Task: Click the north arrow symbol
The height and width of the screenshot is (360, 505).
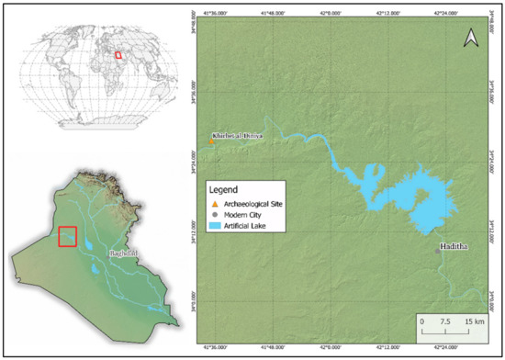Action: [470, 38]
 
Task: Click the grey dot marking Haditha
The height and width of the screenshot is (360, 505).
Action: [437, 250]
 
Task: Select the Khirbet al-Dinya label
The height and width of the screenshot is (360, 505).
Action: [237, 136]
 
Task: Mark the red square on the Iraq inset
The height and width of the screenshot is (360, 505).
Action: [67, 236]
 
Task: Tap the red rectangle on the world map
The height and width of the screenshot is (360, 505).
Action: [118, 54]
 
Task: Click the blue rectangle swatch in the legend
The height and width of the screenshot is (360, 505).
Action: [215, 224]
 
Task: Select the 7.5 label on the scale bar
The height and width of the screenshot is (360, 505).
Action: [445, 322]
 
